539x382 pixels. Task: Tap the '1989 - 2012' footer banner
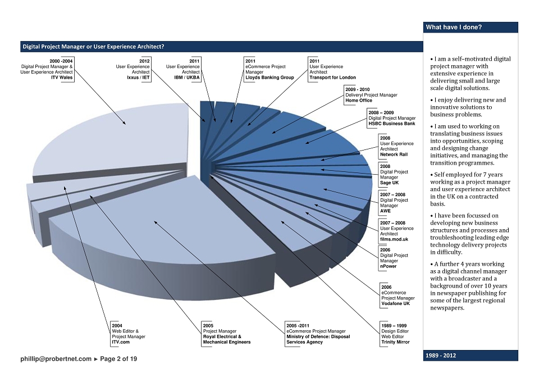pyautogui.click(x=441, y=356)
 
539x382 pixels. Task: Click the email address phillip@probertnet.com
pyautogui.click(x=56, y=358)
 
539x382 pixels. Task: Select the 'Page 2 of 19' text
pyautogui.click(x=118, y=358)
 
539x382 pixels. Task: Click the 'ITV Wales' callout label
pyautogui.click(x=62, y=78)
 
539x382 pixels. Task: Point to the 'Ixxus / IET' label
pyautogui.click(x=139, y=78)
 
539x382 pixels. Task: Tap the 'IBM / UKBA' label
pyautogui.click(x=187, y=78)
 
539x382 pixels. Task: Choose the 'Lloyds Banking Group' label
pyautogui.click(x=269, y=78)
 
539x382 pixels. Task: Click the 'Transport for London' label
pyautogui.click(x=332, y=78)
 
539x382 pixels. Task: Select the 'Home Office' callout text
pyautogui.click(x=359, y=101)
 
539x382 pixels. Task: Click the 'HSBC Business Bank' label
pyautogui.click(x=392, y=124)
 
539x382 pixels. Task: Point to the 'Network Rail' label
pyautogui.click(x=394, y=154)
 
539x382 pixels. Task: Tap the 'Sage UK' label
pyautogui.click(x=390, y=183)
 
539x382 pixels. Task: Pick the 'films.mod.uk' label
pyautogui.click(x=394, y=239)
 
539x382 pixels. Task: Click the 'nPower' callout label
pyautogui.click(x=389, y=266)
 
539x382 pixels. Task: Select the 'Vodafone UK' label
pyautogui.click(x=396, y=303)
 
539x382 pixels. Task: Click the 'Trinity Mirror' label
pyautogui.click(x=396, y=342)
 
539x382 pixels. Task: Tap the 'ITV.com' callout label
pyautogui.click(x=121, y=342)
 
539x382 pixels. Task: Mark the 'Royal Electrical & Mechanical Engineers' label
pyautogui.click(x=227, y=339)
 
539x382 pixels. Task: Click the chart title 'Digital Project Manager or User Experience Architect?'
pyautogui.click(x=94, y=47)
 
